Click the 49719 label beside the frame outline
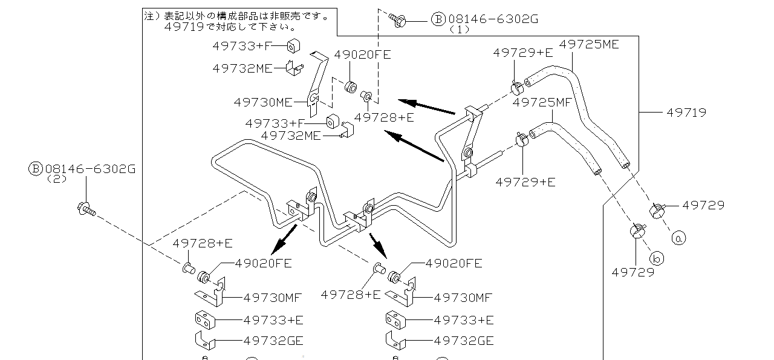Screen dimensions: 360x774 [x=686, y=113]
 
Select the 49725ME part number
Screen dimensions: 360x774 [x=589, y=44]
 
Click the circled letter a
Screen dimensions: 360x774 [x=678, y=238]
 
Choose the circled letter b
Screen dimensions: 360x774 [x=658, y=258]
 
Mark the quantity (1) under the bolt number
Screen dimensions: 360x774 [x=460, y=29]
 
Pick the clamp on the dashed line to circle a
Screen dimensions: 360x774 [x=657, y=211]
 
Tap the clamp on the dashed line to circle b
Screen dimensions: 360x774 [x=637, y=231]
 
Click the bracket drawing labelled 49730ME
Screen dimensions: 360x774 [x=316, y=85]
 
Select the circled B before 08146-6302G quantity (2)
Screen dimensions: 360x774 [x=36, y=169]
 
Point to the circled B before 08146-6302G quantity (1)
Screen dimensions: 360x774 [x=438, y=19]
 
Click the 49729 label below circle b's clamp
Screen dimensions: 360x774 [x=633, y=272]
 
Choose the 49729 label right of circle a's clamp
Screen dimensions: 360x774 [x=703, y=205]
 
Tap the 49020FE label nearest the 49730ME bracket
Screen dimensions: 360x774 [x=363, y=54]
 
